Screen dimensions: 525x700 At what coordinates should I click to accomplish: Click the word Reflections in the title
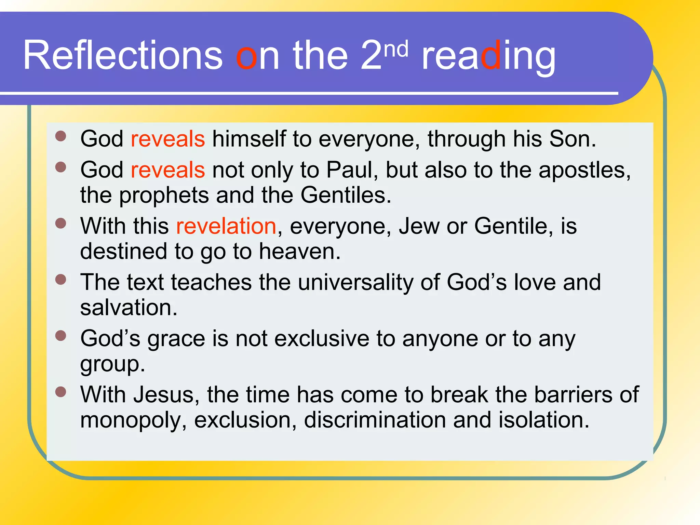[122, 55]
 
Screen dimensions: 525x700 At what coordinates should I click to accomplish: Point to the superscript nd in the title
[396, 49]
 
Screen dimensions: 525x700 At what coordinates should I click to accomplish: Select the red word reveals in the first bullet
[168, 139]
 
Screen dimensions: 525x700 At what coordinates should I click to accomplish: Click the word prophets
[164, 196]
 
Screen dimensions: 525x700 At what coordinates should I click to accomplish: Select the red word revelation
[226, 226]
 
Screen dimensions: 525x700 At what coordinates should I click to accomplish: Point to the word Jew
[419, 226]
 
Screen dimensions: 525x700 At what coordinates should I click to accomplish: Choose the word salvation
[129, 308]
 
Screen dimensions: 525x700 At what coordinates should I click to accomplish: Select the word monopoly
[133, 421]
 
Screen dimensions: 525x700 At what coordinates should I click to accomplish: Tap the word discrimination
[375, 420]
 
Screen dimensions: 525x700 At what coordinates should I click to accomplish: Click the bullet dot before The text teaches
[61, 280]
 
